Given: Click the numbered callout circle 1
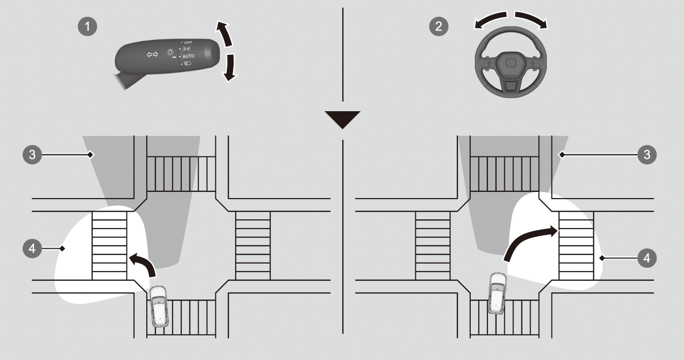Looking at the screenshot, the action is pos(87,26).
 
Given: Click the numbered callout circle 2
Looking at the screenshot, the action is pos(439,26).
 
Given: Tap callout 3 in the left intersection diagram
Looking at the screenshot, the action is pos(32,155).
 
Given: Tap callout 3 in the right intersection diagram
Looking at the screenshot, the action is pos(647,155).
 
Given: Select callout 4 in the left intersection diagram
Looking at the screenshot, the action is pos(32,249).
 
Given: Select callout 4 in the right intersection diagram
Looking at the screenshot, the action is pos(647,258).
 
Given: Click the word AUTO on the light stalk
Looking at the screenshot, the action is pos(188,56).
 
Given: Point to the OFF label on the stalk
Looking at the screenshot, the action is pos(188,43).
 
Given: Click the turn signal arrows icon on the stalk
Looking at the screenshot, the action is pos(152,54).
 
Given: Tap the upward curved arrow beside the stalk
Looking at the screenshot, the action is pos(225,34).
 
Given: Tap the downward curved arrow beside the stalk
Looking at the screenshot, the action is pos(230,69).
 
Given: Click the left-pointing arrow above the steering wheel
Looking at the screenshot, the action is pos(491,19).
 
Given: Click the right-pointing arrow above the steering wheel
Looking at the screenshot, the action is pos(531,19).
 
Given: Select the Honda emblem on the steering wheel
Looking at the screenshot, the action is pos(510,63).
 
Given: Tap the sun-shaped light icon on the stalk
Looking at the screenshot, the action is pos(170,52).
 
